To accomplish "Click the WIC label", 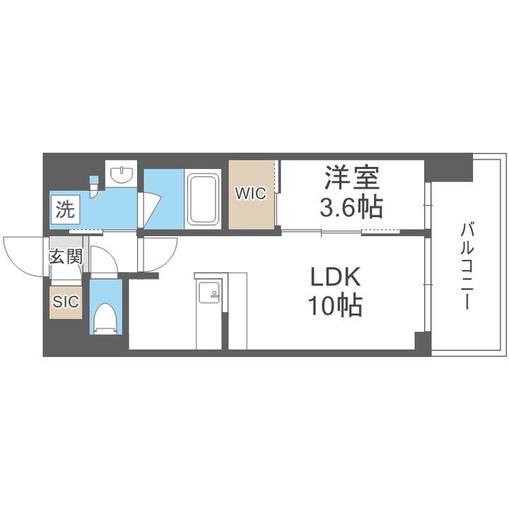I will (251, 194).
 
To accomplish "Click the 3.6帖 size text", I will (352, 207).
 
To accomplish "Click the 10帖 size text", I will (334, 305).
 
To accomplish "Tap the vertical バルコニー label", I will (467, 266).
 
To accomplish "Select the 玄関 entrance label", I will (65, 257).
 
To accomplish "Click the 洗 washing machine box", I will (64, 209).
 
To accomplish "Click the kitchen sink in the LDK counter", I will (210, 293).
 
